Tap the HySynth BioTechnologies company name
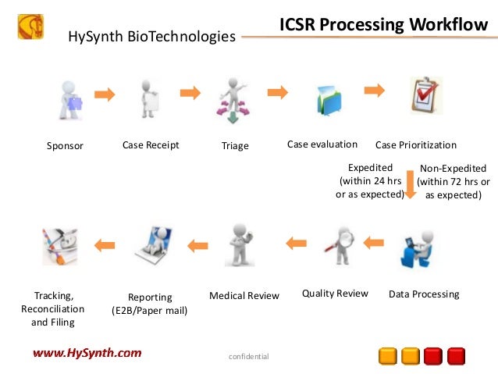point(152,36)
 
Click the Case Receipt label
point(151,145)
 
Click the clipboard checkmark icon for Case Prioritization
point(426,97)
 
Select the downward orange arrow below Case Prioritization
point(411,184)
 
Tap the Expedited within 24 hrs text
point(369,181)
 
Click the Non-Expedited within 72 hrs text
point(453,182)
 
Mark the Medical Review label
point(244,296)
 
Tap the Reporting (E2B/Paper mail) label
point(150,303)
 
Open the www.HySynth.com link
point(87,353)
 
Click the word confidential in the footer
point(248,357)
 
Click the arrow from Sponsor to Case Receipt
point(105,94)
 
